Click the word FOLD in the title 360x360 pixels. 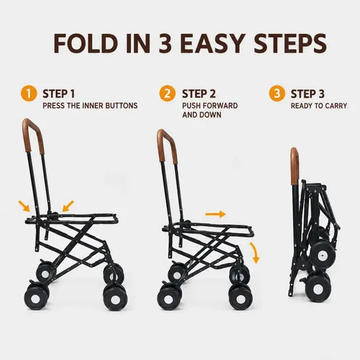(86, 43)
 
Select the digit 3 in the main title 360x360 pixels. (166, 43)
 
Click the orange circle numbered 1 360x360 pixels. (29, 94)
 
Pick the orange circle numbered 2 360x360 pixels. (167, 94)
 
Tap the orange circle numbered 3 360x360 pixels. (277, 94)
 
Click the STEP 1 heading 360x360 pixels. (59, 94)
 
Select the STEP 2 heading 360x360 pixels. (199, 94)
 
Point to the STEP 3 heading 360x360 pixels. (307, 94)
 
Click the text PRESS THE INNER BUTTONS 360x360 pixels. (90, 106)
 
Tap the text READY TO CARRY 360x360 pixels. (319, 106)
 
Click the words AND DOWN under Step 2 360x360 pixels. (202, 115)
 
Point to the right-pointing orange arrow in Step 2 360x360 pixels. (215, 214)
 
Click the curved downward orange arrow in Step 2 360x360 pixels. (256, 253)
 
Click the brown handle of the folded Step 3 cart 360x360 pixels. (294, 166)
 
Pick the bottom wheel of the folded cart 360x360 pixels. (318, 287)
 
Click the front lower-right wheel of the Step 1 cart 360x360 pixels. (115, 298)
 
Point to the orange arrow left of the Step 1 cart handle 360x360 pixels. (24, 206)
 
